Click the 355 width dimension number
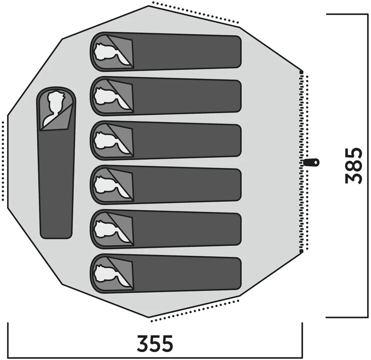(155, 343)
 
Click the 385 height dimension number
(353, 166)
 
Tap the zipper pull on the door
(312, 162)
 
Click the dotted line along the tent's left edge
(3, 161)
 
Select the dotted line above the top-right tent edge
(195, 12)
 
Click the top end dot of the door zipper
(301, 72)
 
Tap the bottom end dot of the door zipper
(301, 251)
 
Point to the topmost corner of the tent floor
(148, 6)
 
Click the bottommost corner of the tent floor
(149, 317)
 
